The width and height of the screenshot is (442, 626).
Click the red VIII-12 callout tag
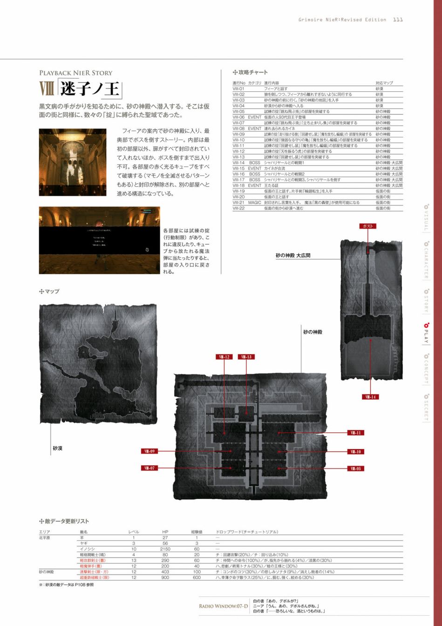pos(224,357)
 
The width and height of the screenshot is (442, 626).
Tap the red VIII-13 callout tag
pos(246,357)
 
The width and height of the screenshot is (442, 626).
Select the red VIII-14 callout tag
pos(370,397)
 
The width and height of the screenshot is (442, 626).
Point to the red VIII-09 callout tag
pos(149,451)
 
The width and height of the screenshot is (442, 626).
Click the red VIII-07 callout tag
pos(149,468)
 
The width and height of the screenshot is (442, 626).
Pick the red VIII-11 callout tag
pos(356,433)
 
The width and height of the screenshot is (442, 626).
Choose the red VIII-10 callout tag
pos(356,451)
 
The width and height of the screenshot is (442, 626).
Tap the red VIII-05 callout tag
pos(356,469)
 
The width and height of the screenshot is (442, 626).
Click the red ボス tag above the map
pos(367,226)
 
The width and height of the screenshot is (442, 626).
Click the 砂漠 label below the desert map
pos(57,449)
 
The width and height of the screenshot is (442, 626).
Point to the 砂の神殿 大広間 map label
pos(293,255)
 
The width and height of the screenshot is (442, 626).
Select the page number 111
pos(398,20)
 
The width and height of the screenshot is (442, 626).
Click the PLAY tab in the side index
pos(426,333)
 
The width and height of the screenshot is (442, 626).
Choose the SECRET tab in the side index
pos(426,408)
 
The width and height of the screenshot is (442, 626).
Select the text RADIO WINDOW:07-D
pos(223,606)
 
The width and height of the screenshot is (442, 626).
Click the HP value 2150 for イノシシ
pos(165,549)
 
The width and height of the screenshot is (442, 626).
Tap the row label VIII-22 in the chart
pos(238,208)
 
